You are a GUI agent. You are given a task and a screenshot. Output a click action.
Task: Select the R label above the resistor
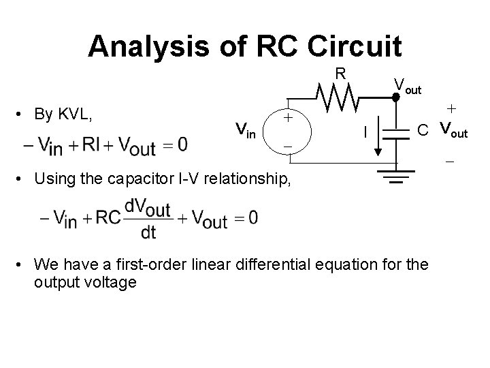click(x=341, y=74)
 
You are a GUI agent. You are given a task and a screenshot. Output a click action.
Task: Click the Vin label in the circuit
click(x=245, y=128)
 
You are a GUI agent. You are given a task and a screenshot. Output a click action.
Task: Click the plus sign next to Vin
click(x=289, y=117)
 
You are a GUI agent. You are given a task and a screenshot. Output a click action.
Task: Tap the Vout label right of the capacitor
click(x=454, y=129)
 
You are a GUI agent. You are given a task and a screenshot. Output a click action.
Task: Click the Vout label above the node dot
click(x=408, y=85)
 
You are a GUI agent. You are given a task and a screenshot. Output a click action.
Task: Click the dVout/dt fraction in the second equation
click(x=148, y=218)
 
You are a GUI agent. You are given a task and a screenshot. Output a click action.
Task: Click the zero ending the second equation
click(x=253, y=217)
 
